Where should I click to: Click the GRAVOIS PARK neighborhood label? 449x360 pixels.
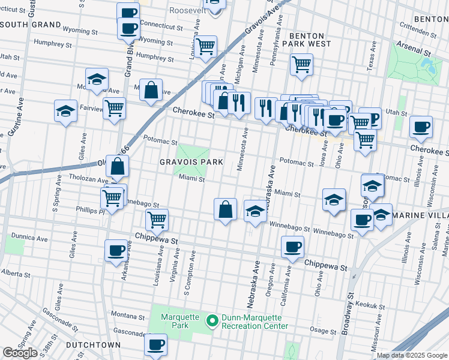pyautogui.click(x=191, y=162)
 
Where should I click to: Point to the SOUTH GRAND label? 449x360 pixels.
pyautogui.click(x=31, y=25)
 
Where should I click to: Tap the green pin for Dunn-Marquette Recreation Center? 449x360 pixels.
pyautogui.click(x=211, y=321)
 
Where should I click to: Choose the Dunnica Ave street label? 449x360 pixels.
pyautogui.click(x=32, y=238)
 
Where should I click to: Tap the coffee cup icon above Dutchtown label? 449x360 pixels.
pyautogui.click(x=155, y=344)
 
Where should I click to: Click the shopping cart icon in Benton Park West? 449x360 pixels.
pyautogui.click(x=301, y=64)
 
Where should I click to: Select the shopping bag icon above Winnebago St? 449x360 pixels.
pyautogui.click(x=225, y=209)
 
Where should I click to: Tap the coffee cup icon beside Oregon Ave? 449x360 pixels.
pyautogui.click(x=292, y=247)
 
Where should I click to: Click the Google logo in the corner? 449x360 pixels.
pyautogui.click(x=20, y=353)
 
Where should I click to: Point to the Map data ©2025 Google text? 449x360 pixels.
pyautogui.click(x=412, y=355)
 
